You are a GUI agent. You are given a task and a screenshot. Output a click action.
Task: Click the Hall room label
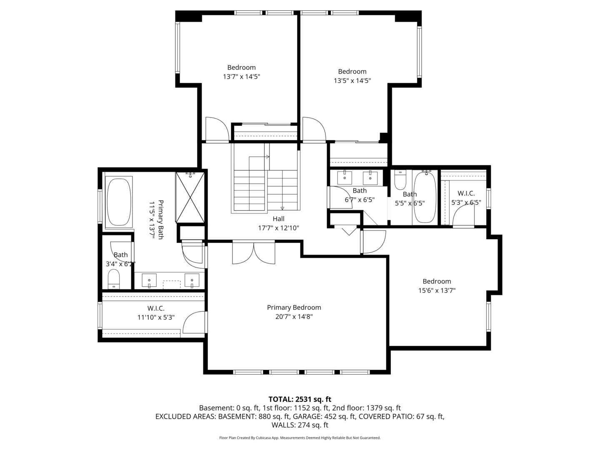point(278,219)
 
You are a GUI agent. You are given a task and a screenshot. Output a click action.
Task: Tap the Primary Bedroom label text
point(294,307)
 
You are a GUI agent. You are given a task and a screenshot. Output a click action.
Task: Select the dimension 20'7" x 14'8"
point(294,317)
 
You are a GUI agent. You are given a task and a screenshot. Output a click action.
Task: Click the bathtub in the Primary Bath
point(119,202)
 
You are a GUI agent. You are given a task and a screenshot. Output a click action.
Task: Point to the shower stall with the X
point(190,197)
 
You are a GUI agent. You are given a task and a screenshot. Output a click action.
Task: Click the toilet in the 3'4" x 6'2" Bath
point(114,279)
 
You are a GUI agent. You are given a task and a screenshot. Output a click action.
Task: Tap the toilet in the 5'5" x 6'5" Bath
point(400,180)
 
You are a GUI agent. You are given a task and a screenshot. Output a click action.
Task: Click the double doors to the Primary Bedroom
point(254,253)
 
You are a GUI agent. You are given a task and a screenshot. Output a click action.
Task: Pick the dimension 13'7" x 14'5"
point(241,77)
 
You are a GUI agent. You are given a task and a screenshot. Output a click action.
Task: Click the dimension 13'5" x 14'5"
point(352,80)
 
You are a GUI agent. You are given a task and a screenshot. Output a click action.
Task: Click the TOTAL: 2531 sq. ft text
point(300,399)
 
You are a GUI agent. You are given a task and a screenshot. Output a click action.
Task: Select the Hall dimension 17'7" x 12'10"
point(279,228)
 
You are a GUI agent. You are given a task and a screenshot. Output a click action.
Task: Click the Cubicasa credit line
point(300,437)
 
